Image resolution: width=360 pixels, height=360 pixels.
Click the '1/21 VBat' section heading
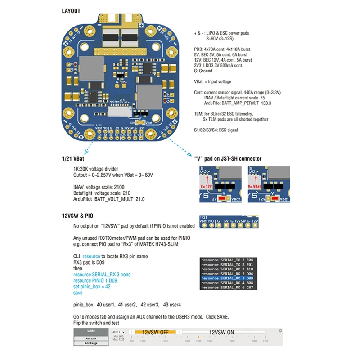pyautogui.click(x=74, y=159)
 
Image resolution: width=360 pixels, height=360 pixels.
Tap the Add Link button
pyautogui.click(x=92, y=338)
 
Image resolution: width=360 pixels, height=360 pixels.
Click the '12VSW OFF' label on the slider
pyautogui.click(x=155, y=332)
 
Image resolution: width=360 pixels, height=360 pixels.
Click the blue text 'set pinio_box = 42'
pyautogui.click(x=91, y=287)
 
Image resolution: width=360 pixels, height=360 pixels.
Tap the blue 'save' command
pyautogui.click(x=78, y=292)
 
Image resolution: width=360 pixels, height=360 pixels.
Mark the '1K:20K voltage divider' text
pyautogui.click(x=97, y=169)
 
